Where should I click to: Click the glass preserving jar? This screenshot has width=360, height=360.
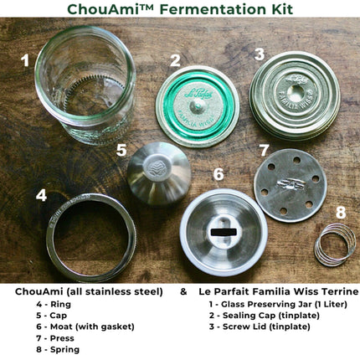pyautogui.click(x=85, y=84)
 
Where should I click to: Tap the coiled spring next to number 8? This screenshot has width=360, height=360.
pyautogui.click(x=335, y=245)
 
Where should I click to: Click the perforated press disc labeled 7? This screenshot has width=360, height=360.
pyautogui.click(x=291, y=185)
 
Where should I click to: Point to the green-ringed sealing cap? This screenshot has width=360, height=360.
pyautogui.click(x=198, y=106)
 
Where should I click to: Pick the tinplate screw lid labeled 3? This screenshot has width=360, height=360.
pyautogui.click(x=295, y=95)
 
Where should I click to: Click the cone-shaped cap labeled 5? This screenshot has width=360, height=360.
pyautogui.click(x=159, y=173)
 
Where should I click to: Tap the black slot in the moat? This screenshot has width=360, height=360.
pyautogui.click(x=224, y=232)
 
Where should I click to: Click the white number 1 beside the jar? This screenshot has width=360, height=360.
pyautogui.click(x=26, y=60)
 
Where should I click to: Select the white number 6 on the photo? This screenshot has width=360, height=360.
pyautogui.click(x=219, y=173)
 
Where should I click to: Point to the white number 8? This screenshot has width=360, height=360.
pyautogui.click(x=341, y=213)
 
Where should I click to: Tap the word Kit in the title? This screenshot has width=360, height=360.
pyautogui.click(x=283, y=9)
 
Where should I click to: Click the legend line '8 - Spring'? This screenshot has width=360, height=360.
pyautogui.click(x=58, y=349)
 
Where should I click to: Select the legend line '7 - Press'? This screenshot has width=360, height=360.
pyautogui.click(x=55, y=338)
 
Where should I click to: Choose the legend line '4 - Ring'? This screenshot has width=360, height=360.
pyautogui.click(x=54, y=304)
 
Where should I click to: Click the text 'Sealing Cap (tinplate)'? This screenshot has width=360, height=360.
pyautogui.click(x=271, y=316)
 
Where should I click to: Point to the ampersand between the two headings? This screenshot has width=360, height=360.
pyautogui.click(x=183, y=292)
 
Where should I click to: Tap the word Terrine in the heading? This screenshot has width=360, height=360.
pyautogui.click(x=340, y=291)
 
